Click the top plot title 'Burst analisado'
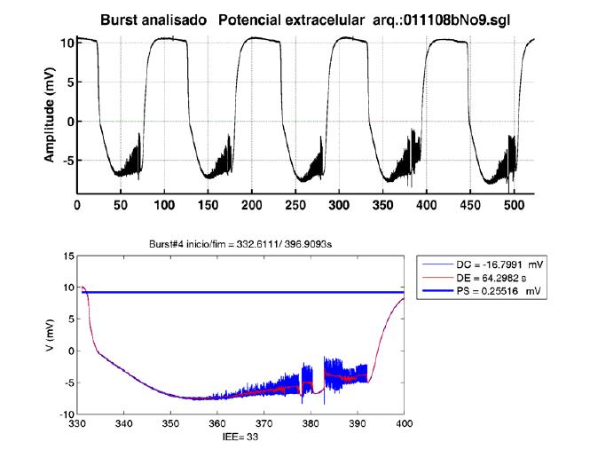coord(153,18)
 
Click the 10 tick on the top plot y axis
coord(63,42)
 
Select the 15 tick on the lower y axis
coord(68,257)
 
